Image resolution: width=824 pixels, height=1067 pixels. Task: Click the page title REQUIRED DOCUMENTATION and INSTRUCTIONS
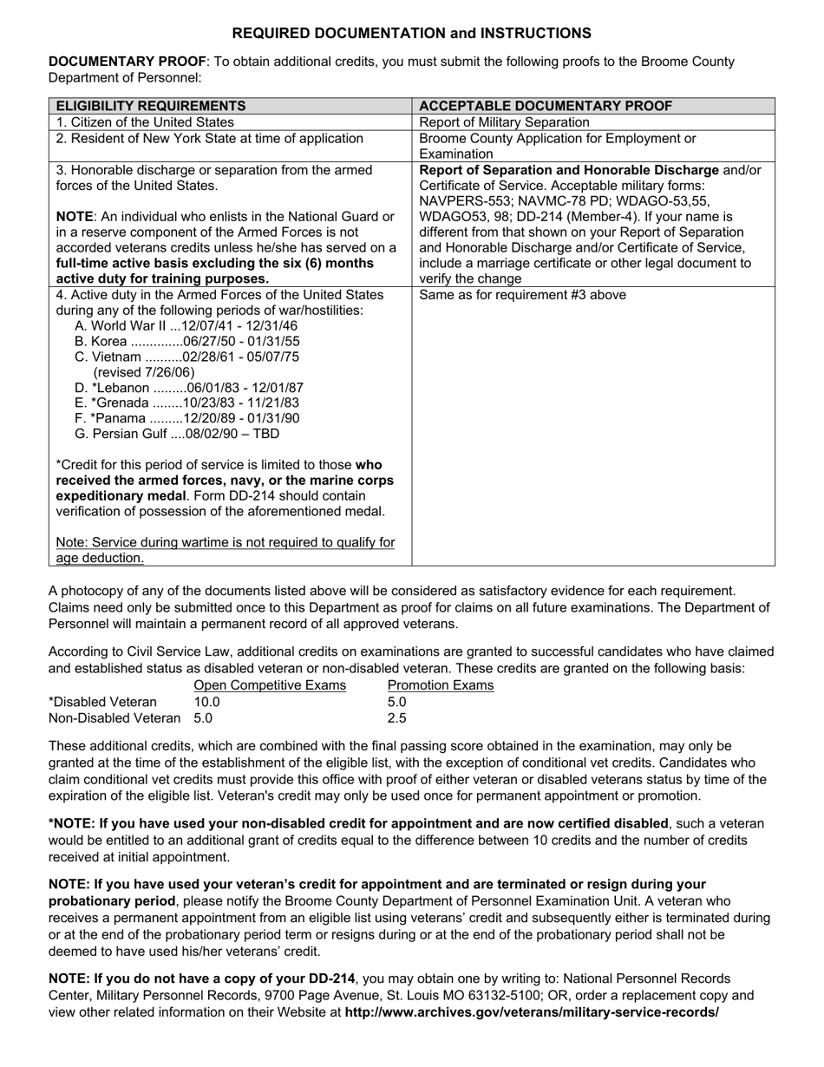click(412, 33)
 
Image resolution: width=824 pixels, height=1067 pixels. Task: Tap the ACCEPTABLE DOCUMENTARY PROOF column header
click(546, 106)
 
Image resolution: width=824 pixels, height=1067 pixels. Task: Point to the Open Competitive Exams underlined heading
click(270, 685)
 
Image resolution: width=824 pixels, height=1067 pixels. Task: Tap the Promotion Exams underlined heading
click(441, 685)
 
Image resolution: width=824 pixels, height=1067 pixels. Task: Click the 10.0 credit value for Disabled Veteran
click(206, 702)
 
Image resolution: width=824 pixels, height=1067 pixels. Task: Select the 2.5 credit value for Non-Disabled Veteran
click(396, 717)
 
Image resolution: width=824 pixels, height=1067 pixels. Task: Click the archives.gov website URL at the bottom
click(532, 1011)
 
